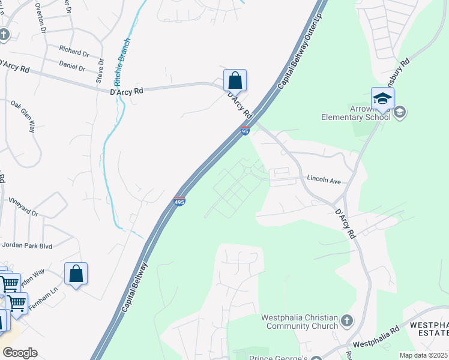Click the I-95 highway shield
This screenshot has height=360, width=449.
[245, 131]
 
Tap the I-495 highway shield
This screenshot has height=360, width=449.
[179, 201]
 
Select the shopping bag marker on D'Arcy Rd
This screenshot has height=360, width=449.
[235, 80]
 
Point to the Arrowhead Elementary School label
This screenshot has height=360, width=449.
[356, 112]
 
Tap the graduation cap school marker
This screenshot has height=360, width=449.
[382, 99]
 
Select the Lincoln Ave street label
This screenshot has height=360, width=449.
[324, 179]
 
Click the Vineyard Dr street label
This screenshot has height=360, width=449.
[22, 206]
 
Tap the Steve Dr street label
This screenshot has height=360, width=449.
[100, 71]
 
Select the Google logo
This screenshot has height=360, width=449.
[20, 353]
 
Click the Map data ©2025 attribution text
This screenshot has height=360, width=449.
[423, 355]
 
